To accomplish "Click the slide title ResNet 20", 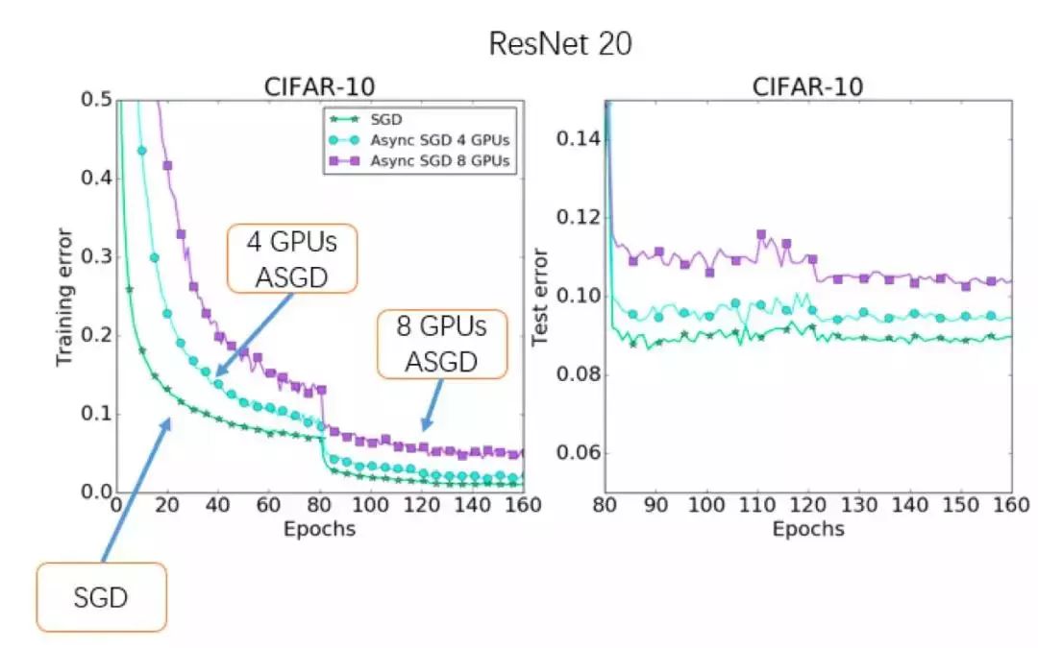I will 560,43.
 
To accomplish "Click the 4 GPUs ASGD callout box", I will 292,258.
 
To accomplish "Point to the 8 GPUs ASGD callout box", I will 441,345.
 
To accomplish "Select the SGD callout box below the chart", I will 101,597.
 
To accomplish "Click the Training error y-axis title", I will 64,296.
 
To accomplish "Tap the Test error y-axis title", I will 541,296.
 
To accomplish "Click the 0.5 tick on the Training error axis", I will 97,100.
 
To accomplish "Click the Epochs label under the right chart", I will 808,529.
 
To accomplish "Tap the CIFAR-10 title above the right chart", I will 807,87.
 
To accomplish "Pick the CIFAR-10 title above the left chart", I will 320,87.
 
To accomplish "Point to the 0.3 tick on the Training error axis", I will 97,257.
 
